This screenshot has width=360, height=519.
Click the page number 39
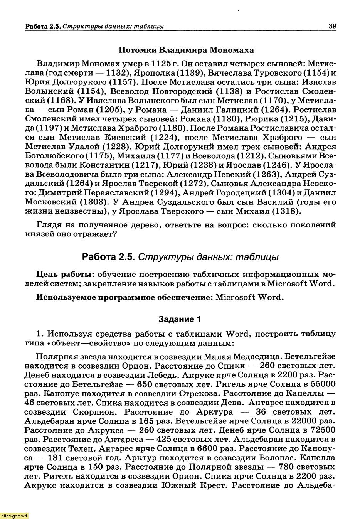[x=333, y=26]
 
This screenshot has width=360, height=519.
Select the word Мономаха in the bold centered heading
[x=232, y=50]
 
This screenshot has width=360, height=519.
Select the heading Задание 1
[x=180, y=319]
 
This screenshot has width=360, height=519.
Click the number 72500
[x=321, y=430]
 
